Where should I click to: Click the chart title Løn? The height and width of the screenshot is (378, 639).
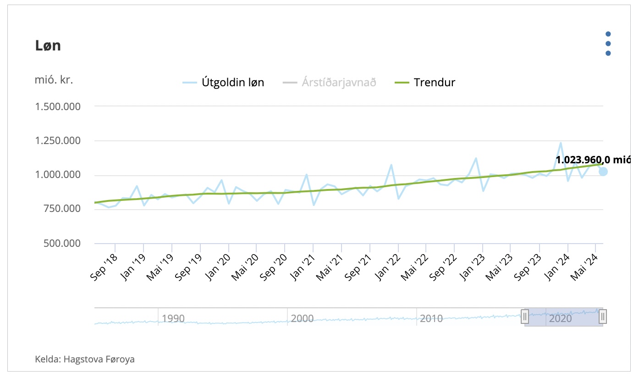(x=48, y=46)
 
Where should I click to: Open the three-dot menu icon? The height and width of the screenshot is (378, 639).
(x=608, y=44)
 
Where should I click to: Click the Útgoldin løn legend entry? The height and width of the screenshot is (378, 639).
(x=224, y=83)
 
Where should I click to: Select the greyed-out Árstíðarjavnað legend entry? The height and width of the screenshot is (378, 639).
(x=330, y=83)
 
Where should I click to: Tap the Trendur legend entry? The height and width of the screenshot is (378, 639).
(x=425, y=83)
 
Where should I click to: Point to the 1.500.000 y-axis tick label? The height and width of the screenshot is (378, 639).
(x=58, y=106)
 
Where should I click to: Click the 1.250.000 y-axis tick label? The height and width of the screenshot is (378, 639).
(x=58, y=141)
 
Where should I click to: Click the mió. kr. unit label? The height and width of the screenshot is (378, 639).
(x=54, y=79)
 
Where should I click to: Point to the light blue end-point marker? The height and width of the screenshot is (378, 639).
(x=603, y=172)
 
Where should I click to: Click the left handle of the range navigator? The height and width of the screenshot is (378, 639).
(x=525, y=316)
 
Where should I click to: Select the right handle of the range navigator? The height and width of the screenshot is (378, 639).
(x=603, y=316)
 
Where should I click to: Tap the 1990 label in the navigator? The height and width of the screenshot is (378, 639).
(x=173, y=318)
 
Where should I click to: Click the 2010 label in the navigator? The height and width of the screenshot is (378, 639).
(x=431, y=318)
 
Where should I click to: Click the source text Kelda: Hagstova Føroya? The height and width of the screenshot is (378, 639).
(x=85, y=359)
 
